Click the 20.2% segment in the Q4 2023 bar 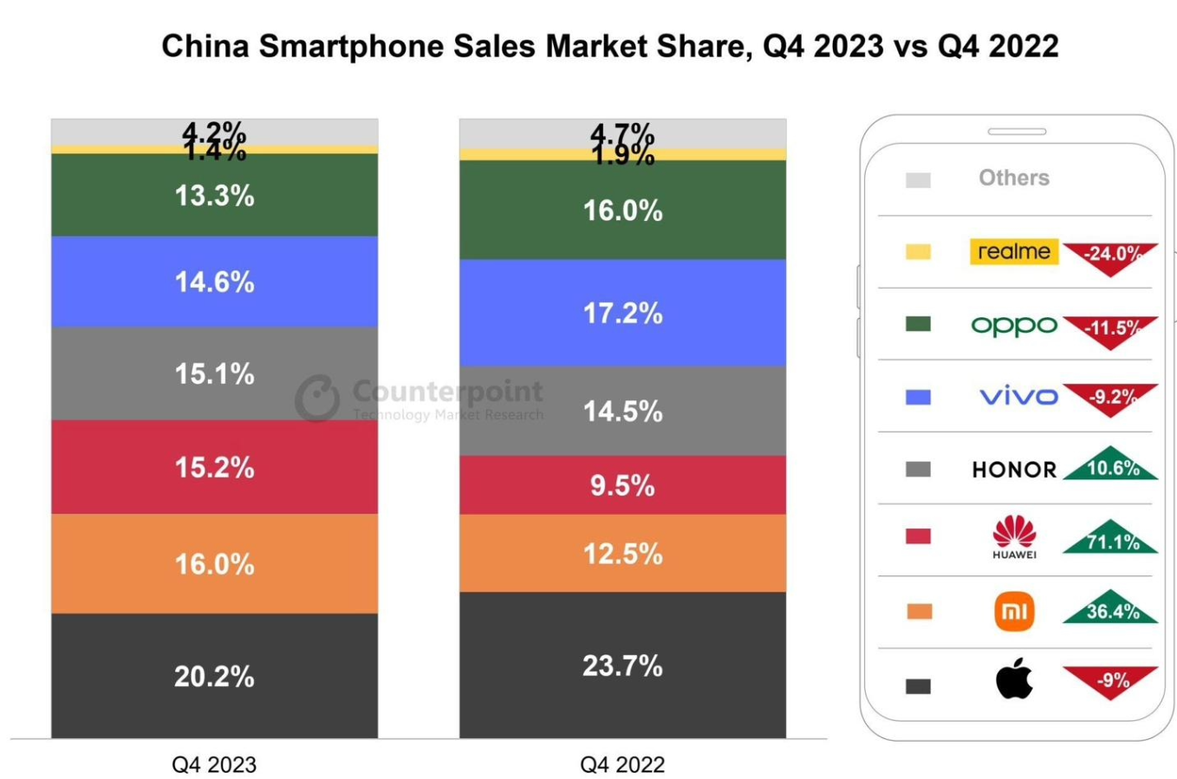tap(214, 676)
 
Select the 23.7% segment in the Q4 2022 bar tap(622, 665)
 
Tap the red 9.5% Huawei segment tap(622, 485)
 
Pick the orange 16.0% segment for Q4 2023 tap(214, 564)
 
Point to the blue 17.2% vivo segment tap(622, 313)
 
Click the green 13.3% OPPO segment tap(214, 196)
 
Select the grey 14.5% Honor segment tap(622, 411)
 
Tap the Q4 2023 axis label tap(214, 765)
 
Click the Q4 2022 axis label tap(622, 765)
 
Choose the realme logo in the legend tap(1013, 251)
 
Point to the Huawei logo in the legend tap(1014, 536)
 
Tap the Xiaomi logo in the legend tap(1014, 612)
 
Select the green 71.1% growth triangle tap(1111, 539)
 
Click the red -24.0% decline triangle tap(1111, 256)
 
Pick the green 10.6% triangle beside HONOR tap(1111, 465)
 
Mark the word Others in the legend tap(1013, 178)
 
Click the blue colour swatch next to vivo tap(918, 397)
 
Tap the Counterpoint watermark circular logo tap(317, 398)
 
